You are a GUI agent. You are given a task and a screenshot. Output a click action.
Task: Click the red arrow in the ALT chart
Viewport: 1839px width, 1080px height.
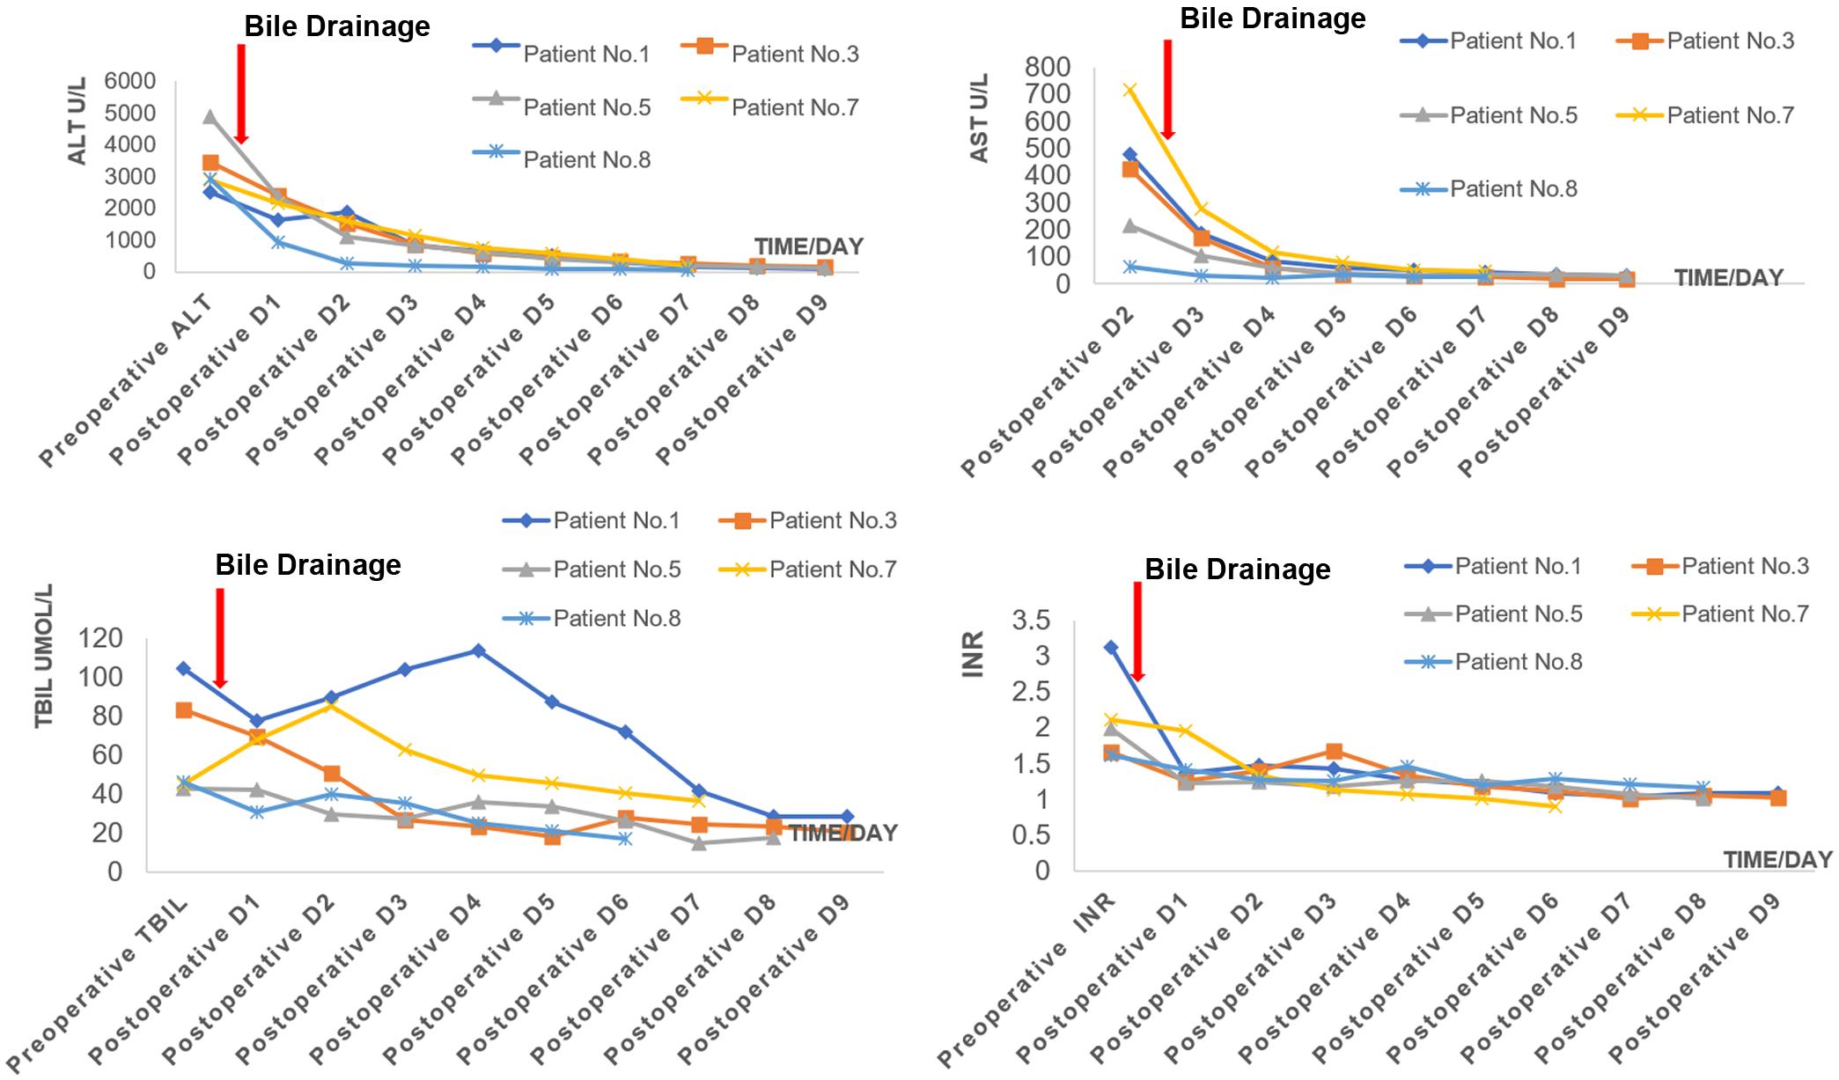[241, 93]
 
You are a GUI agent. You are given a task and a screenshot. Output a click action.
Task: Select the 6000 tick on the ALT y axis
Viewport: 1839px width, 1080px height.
[130, 81]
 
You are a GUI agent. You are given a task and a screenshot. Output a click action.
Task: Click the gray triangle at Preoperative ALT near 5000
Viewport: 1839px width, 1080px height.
[210, 116]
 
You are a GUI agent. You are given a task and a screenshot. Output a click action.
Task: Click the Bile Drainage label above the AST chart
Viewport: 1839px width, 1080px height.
[1272, 18]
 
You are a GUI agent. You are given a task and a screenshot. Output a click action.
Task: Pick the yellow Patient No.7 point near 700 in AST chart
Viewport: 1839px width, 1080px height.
[1129, 90]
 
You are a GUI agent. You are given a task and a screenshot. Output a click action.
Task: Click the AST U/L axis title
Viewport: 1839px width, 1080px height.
[980, 118]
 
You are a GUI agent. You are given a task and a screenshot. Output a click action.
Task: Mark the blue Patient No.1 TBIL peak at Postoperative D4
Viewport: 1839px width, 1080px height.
[478, 650]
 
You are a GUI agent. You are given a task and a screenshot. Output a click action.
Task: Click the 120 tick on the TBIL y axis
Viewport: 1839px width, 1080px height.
[102, 638]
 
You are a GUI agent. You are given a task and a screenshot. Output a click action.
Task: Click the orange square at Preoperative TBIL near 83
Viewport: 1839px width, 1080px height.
[184, 710]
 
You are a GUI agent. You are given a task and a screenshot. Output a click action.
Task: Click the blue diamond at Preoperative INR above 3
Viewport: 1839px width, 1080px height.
[1111, 647]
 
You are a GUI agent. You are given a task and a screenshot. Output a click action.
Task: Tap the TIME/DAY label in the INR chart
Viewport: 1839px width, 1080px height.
[1776, 859]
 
